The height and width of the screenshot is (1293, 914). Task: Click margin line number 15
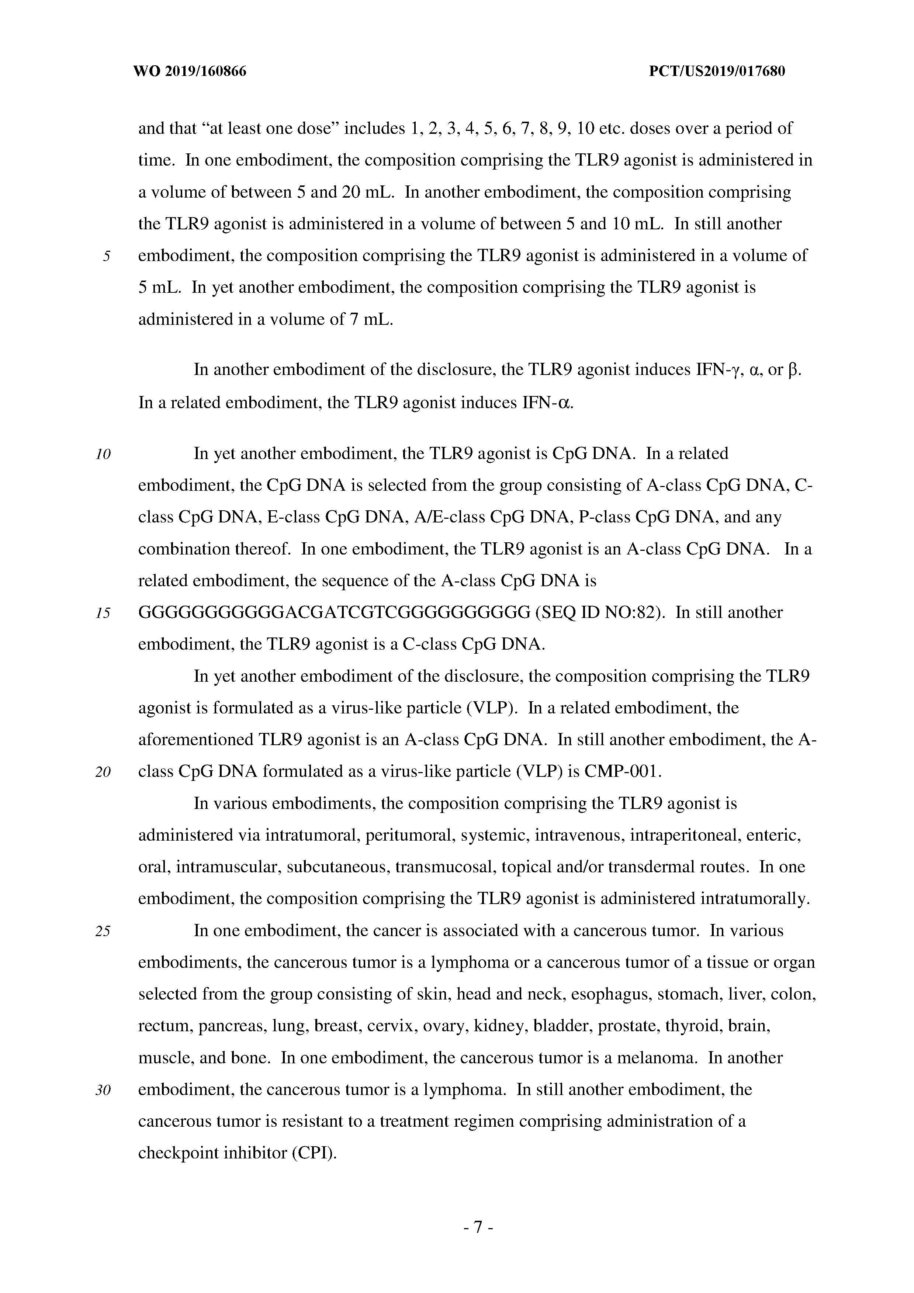103,613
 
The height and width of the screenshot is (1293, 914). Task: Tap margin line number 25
103,931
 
